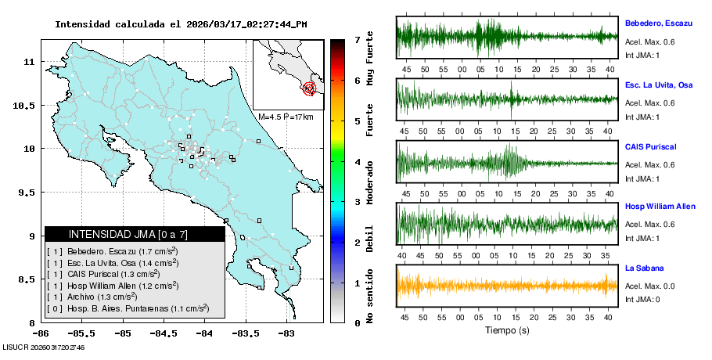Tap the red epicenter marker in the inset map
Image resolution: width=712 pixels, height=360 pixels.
tap(310, 88)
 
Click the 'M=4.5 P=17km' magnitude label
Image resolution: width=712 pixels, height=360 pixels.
tap(286, 117)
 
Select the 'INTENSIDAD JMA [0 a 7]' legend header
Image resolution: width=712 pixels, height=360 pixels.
tap(135, 234)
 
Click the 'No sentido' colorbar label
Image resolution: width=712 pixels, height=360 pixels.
tap(369, 298)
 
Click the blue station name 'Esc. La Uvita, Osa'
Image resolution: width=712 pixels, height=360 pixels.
tap(658, 85)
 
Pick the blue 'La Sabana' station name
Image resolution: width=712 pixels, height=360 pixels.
tap(644, 268)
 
